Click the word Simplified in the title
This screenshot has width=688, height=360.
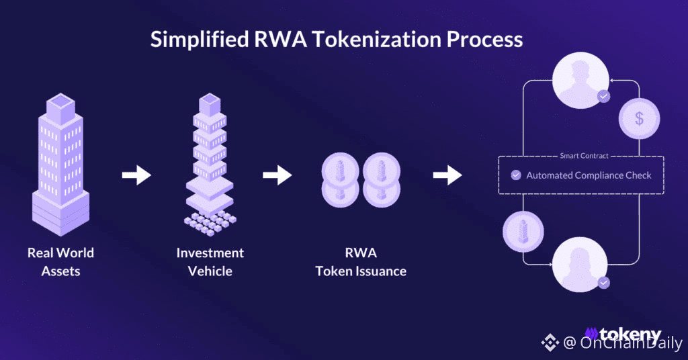(200, 40)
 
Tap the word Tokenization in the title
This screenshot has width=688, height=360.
(376, 39)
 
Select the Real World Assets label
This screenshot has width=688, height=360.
(60, 262)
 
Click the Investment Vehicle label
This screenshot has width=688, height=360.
(210, 262)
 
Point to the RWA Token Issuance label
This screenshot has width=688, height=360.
(361, 262)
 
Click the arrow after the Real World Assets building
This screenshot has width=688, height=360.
(136, 175)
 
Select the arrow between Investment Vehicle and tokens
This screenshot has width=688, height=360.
(277, 175)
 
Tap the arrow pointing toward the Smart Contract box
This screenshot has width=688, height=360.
(447, 175)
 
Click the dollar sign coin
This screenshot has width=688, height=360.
(639, 118)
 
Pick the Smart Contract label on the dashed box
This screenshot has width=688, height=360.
(584, 156)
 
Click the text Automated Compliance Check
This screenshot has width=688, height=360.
(589, 175)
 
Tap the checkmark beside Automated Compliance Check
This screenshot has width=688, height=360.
(516, 175)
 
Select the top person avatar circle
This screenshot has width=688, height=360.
(580, 80)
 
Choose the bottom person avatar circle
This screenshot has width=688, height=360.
(580, 265)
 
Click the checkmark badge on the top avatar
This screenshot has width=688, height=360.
(604, 96)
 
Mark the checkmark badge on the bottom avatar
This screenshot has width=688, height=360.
(604, 283)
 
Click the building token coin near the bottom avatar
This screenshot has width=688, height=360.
(523, 232)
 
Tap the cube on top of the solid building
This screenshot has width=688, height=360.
(60, 108)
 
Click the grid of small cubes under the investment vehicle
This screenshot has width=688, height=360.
(210, 223)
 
